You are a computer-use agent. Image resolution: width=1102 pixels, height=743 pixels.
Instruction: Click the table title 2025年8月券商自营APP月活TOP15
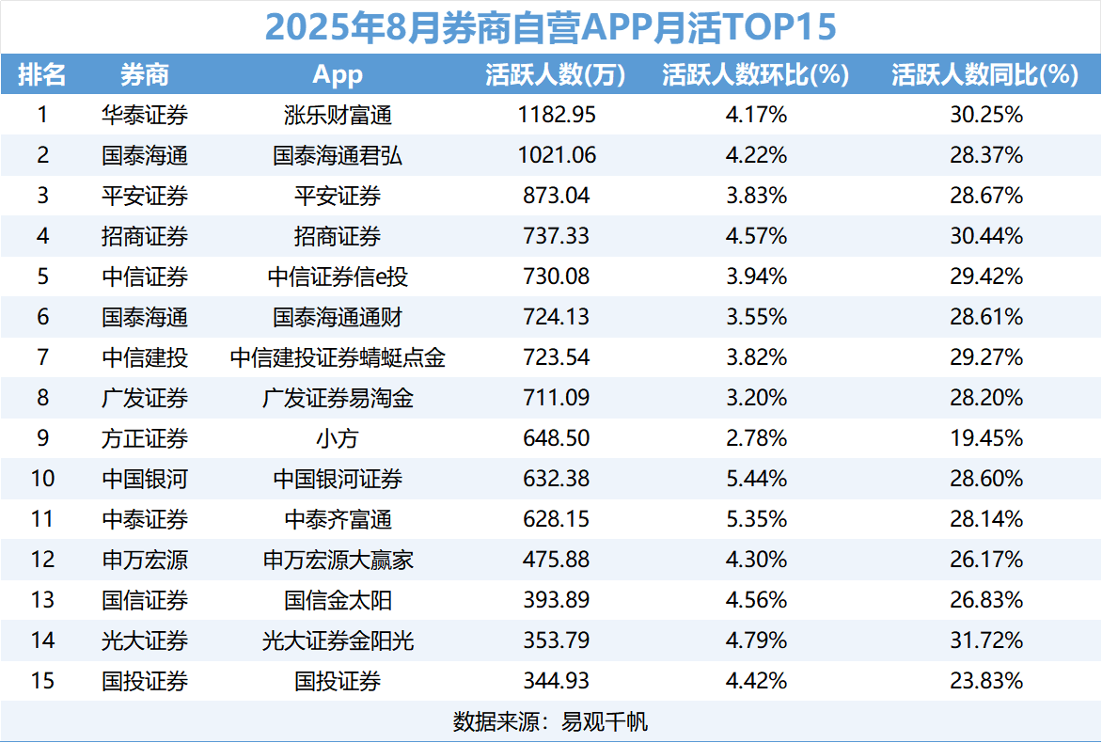(x=550, y=27)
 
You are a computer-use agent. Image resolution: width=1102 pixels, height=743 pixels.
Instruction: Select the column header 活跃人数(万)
(x=555, y=75)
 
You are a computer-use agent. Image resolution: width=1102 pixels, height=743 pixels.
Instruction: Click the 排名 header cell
(x=42, y=75)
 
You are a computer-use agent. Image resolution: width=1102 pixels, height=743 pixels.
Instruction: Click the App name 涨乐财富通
(x=338, y=116)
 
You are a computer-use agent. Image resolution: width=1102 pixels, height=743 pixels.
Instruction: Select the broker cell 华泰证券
(x=145, y=116)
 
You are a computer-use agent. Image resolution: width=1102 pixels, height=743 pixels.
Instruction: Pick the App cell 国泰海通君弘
(x=338, y=156)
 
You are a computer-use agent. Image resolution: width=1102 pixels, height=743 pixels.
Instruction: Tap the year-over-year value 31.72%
(x=985, y=640)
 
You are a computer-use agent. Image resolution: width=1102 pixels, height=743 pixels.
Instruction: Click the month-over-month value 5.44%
(x=756, y=479)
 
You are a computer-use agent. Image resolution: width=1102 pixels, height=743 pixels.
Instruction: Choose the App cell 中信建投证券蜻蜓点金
(x=338, y=357)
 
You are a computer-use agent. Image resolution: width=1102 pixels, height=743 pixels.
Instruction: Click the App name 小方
(x=338, y=438)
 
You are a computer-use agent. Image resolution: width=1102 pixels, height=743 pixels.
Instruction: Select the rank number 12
(x=42, y=560)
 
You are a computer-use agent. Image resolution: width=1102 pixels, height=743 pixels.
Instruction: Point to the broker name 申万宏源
(x=145, y=560)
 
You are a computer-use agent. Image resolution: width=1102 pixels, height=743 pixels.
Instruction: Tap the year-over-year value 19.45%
(x=985, y=438)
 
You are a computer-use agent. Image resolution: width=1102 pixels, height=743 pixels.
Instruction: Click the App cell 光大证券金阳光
(x=338, y=640)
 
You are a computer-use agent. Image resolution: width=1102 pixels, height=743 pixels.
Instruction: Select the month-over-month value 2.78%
(x=756, y=438)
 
